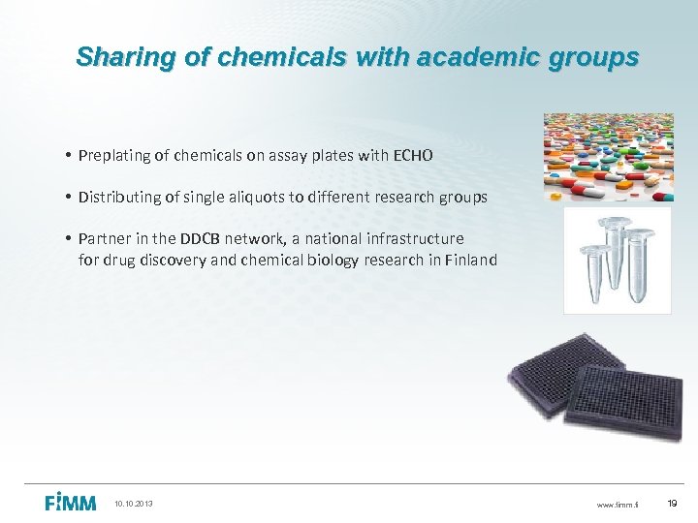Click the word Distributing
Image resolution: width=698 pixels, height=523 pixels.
[x=119, y=198]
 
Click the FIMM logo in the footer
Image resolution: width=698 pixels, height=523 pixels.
[x=71, y=502]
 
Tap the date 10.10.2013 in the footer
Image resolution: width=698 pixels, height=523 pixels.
[x=134, y=504]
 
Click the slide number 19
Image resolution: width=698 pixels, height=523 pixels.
[x=674, y=503]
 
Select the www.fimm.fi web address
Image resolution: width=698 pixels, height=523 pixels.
[x=618, y=504]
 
